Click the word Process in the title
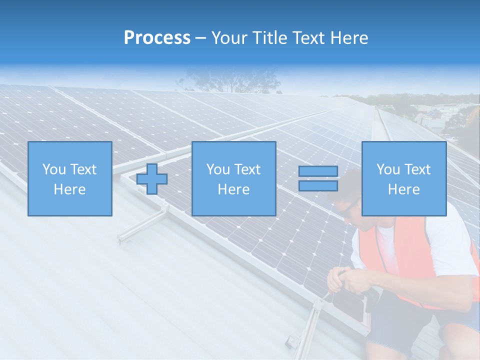click(157, 38)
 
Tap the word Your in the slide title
click(230, 38)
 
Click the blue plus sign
click(152, 179)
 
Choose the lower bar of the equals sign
click(318, 186)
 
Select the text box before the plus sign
click(70, 179)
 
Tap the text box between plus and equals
click(234, 179)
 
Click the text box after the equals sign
click(404, 179)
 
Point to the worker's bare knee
click(457, 340)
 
